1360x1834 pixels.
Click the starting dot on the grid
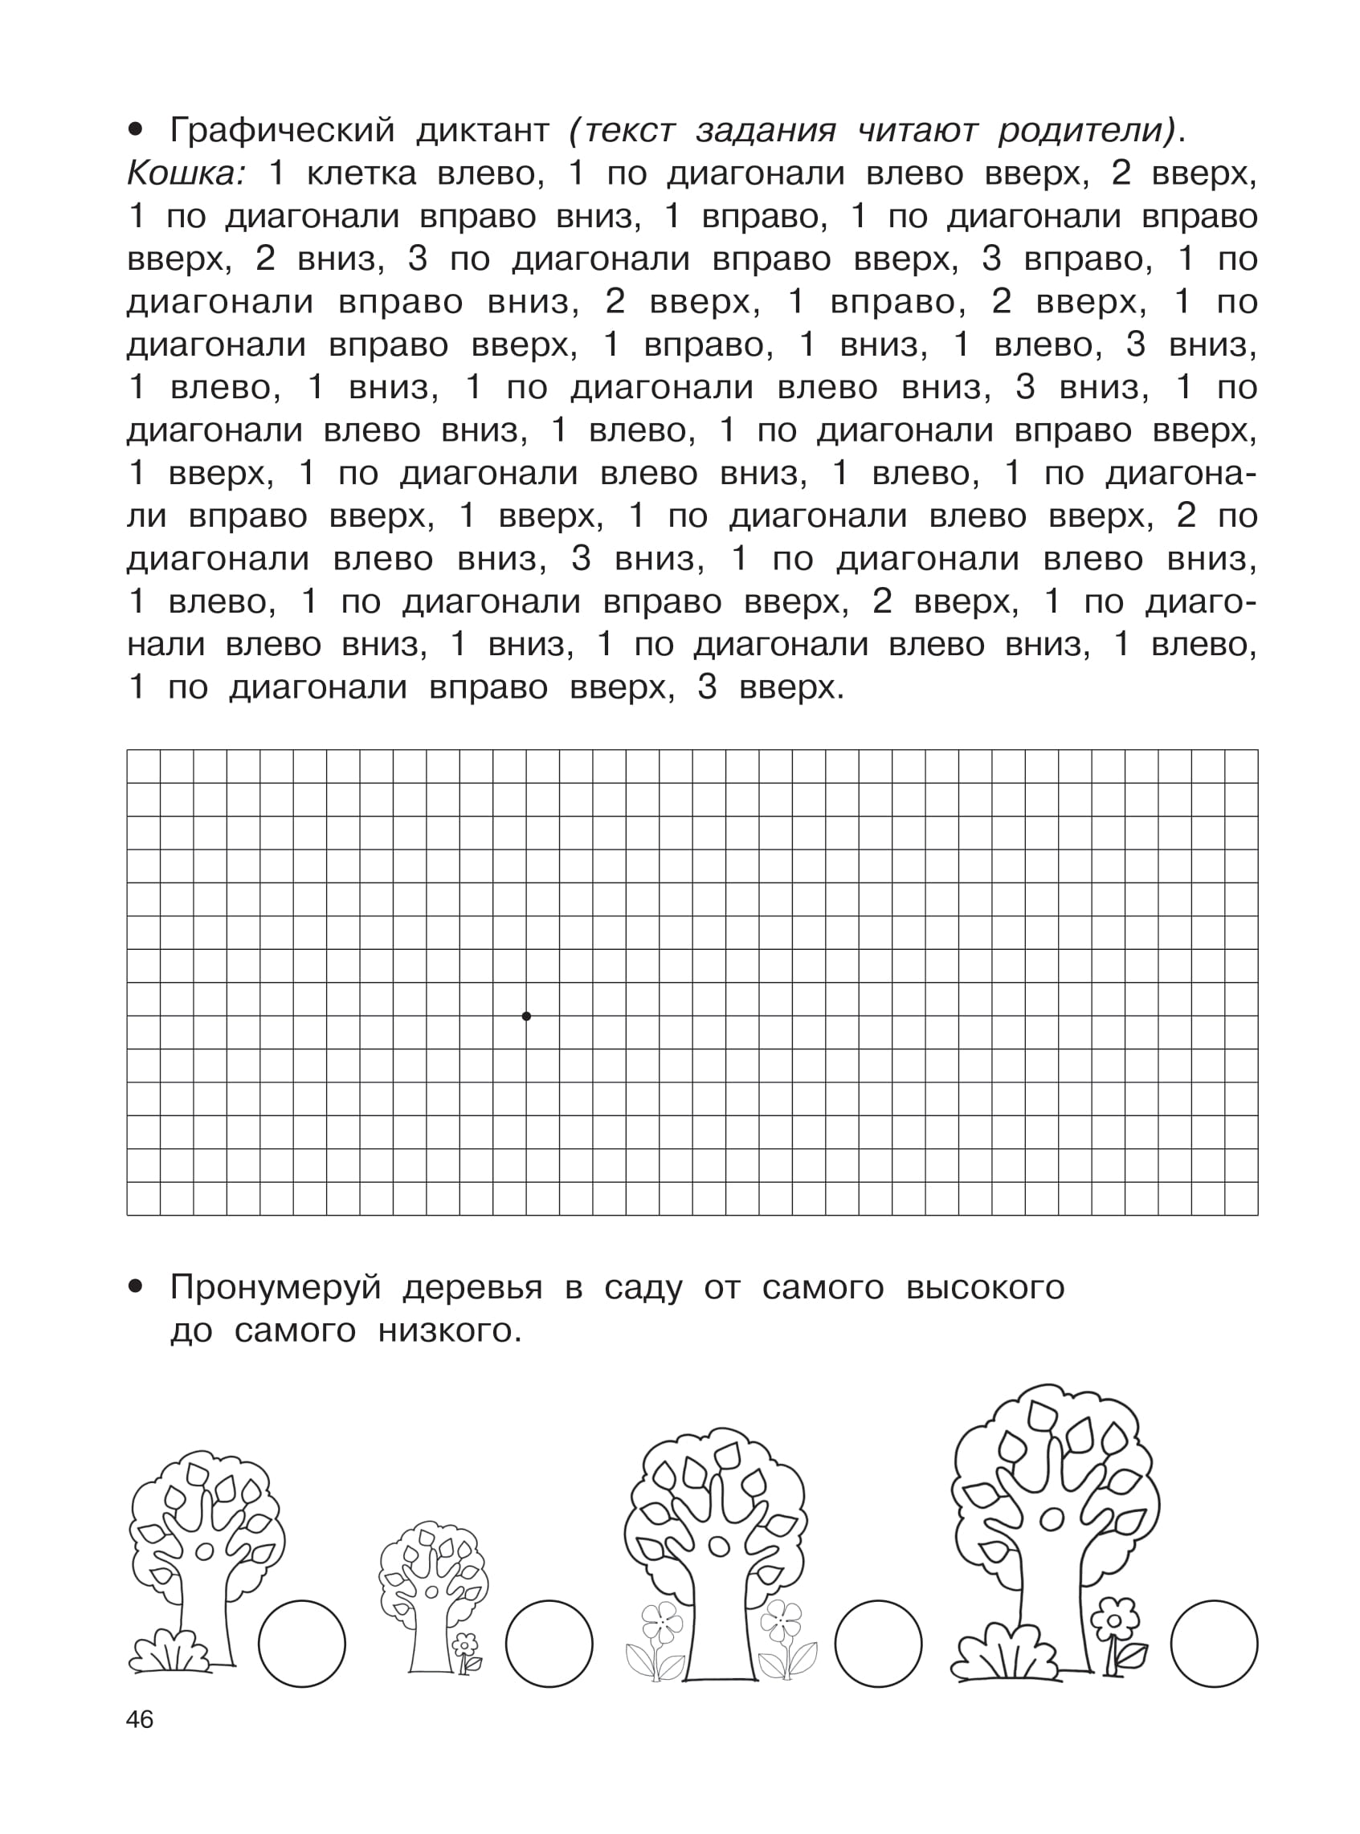point(527,1016)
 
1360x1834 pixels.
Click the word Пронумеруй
point(275,1288)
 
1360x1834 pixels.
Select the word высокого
point(986,1288)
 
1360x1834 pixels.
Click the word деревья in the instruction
point(472,1288)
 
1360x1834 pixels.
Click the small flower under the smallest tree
point(466,1645)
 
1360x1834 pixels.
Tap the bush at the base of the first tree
point(171,1650)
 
